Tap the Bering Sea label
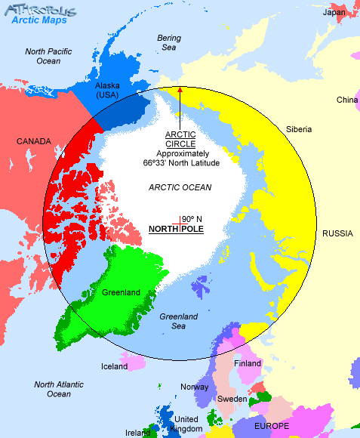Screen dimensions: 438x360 coord(169,42)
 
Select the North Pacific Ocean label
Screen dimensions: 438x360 coord(48,56)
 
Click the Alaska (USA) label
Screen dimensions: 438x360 coord(107,91)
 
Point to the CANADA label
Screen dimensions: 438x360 coord(34,141)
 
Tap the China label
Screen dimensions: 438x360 coord(347,100)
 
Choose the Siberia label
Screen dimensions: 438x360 coord(299,129)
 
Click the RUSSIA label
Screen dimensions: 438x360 coord(337,233)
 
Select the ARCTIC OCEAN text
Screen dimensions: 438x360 coord(180,187)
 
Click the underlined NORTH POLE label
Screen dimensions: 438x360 coord(176,229)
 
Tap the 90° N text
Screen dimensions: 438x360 coord(192,219)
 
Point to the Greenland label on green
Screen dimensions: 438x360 coord(121,292)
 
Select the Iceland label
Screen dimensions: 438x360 coord(115,367)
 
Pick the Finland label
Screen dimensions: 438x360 coord(247,363)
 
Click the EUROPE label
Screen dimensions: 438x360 coord(272,426)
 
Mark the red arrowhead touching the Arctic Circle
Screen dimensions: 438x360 coord(180,90)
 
